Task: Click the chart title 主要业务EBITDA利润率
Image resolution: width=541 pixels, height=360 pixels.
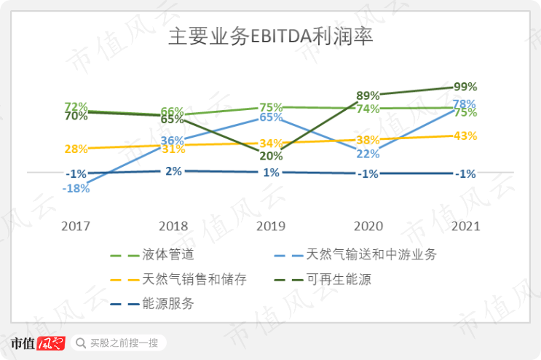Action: pyautogui.click(x=271, y=37)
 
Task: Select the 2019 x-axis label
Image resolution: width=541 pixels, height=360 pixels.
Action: pyautogui.click(x=270, y=226)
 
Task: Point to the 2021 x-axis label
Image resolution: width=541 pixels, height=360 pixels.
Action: pyautogui.click(x=465, y=226)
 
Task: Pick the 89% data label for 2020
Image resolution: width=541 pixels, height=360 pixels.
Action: pyautogui.click(x=368, y=95)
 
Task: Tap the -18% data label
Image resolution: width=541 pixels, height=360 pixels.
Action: pyautogui.click(x=76, y=188)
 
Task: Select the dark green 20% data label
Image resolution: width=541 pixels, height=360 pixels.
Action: pyautogui.click(x=271, y=156)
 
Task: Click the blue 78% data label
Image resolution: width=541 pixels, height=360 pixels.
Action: pyautogui.click(x=465, y=103)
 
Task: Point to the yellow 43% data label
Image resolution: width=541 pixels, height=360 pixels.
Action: pyautogui.click(x=465, y=136)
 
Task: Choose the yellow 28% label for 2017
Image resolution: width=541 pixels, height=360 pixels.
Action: pyautogui.click(x=76, y=149)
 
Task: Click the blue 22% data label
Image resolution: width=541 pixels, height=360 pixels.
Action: pyautogui.click(x=368, y=154)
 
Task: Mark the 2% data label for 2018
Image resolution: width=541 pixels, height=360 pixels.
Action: pyautogui.click(x=173, y=171)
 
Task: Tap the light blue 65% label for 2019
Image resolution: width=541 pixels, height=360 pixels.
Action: pyautogui.click(x=271, y=117)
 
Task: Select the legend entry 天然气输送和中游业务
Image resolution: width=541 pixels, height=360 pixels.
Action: pyautogui.click(x=371, y=254)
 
